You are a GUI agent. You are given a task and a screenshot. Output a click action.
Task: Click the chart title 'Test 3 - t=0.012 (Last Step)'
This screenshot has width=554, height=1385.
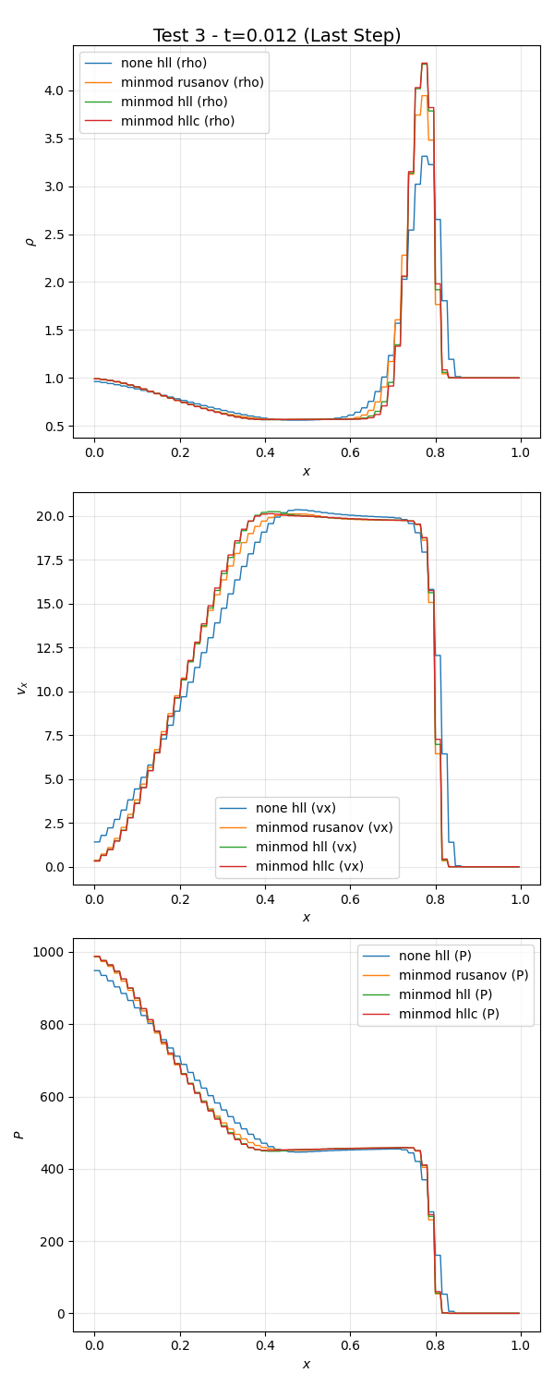277,36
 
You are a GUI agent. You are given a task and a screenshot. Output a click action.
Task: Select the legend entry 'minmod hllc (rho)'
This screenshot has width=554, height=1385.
177,121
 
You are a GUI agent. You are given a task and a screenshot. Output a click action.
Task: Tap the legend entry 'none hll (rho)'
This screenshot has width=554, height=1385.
163,63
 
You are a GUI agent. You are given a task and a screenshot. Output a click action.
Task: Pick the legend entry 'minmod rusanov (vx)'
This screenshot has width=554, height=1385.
324,827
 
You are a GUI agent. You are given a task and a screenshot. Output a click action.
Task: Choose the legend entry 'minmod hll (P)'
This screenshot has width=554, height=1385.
445,994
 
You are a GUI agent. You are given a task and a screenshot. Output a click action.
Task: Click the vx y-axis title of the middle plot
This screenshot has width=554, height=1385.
22,688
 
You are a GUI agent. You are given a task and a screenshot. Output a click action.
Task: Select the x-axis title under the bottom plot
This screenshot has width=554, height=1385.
307,1364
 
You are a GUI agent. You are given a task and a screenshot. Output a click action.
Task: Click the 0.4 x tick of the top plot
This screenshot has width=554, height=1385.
264,453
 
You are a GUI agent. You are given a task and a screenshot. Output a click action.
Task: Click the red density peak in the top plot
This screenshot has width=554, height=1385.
424,64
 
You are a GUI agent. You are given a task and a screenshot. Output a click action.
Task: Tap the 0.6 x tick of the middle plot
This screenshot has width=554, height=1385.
350,900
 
